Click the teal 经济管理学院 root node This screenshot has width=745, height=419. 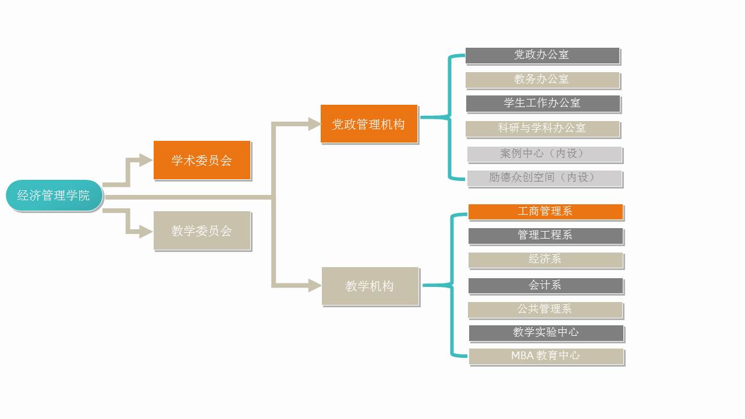pyautogui.click(x=54, y=196)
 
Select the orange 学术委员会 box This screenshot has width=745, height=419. pyautogui.click(x=202, y=160)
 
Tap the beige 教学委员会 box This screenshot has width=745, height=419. pyautogui.click(x=202, y=230)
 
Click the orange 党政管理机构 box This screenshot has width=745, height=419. pyautogui.click(x=369, y=124)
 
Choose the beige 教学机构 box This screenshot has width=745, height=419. pyautogui.click(x=370, y=286)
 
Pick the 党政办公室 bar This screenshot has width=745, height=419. pyautogui.click(x=542, y=55)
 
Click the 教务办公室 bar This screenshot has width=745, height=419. pyautogui.click(x=542, y=79)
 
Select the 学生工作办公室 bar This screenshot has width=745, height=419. pyautogui.click(x=542, y=104)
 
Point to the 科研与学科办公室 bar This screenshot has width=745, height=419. pyautogui.click(x=542, y=128)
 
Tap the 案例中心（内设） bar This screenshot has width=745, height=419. pyautogui.click(x=544, y=154)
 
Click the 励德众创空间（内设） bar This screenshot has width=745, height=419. pyautogui.click(x=544, y=177)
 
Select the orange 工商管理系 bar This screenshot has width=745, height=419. pyautogui.click(x=545, y=211)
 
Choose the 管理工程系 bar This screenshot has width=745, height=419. pyautogui.click(x=545, y=235)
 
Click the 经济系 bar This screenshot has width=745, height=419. pyautogui.click(x=545, y=260)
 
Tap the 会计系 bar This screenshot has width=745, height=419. pyautogui.click(x=545, y=285)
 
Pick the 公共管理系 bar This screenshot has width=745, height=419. pyautogui.click(x=545, y=309)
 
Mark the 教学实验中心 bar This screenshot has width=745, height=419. pyautogui.click(x=546, y=332)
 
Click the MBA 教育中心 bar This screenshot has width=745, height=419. pyautogui.click(x=546, y=356)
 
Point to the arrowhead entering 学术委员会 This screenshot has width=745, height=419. pyautogui.click(x=146, y=160)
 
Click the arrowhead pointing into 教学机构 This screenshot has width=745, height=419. pyautogui.click(x=314, y=285)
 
